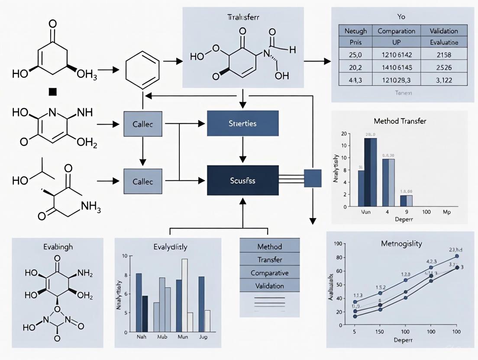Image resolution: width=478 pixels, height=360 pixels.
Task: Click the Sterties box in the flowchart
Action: tap(242, 124)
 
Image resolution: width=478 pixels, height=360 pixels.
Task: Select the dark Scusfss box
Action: tap(242, 181)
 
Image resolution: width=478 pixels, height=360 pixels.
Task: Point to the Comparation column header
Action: tap(397, 31)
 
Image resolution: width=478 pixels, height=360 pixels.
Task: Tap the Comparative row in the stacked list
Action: tap(269, 273)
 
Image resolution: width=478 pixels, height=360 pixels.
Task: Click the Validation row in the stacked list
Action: tap(269, 286)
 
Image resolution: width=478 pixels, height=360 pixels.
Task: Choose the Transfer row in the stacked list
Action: tap(269, 260)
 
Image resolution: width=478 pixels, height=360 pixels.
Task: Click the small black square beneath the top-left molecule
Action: tap(53, 91)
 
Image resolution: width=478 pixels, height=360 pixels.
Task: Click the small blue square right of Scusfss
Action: tap(313, 178)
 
